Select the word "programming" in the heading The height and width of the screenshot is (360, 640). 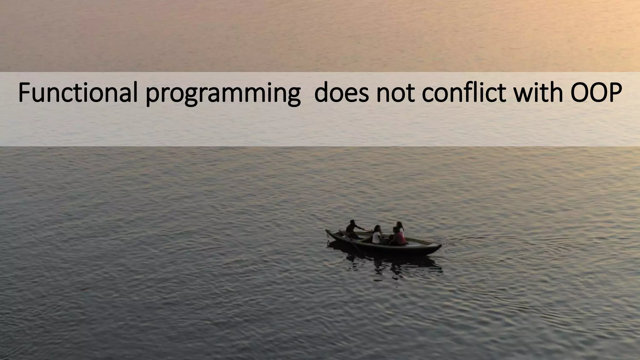[223, 94]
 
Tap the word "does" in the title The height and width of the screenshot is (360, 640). [341, 93]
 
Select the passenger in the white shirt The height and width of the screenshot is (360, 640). [377, 235]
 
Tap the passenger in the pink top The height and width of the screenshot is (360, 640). [399, 237]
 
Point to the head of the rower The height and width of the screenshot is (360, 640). [352, 222]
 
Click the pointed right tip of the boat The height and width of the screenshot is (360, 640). [441, 246]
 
